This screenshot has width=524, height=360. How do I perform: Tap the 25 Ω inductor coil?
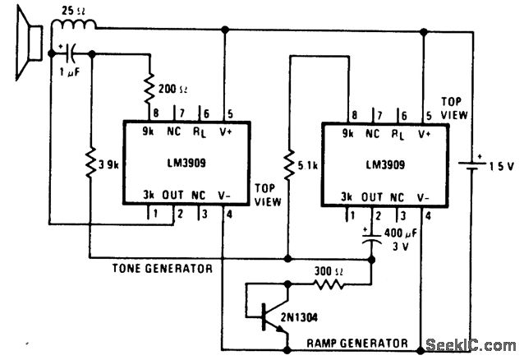71,31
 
